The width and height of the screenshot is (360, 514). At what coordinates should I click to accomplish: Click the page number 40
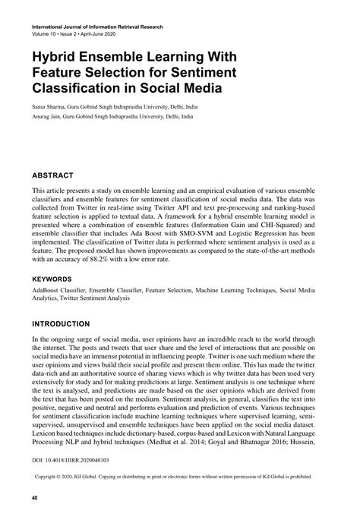(x=35, y=499)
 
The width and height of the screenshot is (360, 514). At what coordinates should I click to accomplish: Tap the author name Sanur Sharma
(x=52, y=106)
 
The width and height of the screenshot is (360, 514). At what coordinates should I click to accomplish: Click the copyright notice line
(x=182, y=478)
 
